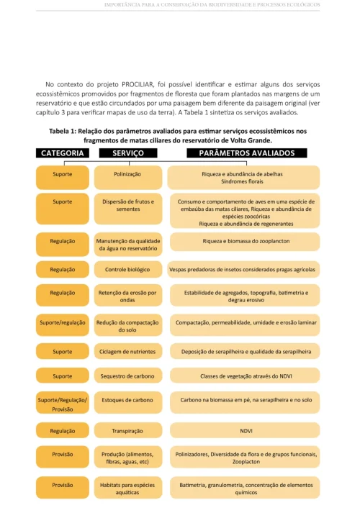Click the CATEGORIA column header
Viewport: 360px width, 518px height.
[x=62, y=153]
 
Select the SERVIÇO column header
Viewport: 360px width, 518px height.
[x=127, y=153]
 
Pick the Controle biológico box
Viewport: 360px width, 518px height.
[x=127, y=269]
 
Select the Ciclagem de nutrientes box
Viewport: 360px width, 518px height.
[x=127, y=352]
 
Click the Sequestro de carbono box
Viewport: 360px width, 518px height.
[x=127, y=376]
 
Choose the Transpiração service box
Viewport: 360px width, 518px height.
[x=127, y=431]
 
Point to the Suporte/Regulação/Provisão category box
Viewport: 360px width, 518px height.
[x=62, y=404]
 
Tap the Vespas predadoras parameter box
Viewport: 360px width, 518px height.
[x=243, y=269]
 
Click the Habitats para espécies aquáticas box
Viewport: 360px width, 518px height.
[x=127, y=490]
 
